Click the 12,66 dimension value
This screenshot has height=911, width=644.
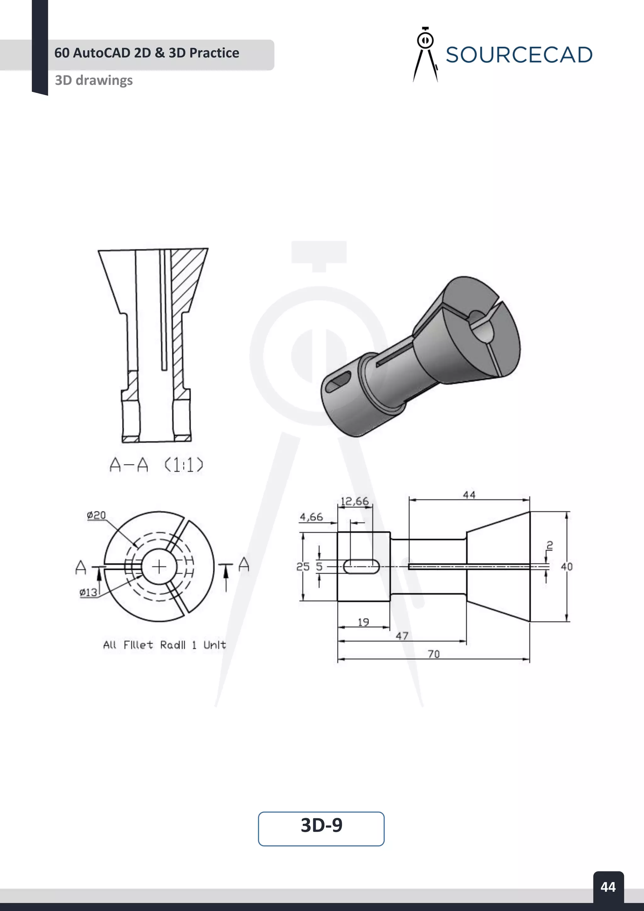[354, 501]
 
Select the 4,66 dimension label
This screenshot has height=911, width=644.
[311, 517]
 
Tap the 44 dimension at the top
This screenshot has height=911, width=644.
[469, 495]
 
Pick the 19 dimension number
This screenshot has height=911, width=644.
[364, 622]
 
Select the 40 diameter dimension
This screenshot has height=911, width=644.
[567, 567]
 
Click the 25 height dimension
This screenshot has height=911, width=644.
[303, 567]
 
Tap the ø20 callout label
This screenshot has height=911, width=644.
[96, 515]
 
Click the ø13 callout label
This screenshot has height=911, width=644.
[88, 592]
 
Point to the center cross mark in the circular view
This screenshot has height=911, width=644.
[159, 567]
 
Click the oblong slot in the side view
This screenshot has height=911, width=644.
[361, 567]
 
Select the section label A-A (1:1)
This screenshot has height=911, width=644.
[156, 465]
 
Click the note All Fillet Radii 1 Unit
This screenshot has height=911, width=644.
[164, 645]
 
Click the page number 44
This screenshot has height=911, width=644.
[608, 886]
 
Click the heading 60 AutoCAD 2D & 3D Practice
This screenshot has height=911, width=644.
[147, 53]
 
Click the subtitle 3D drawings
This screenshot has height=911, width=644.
[94, 80]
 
